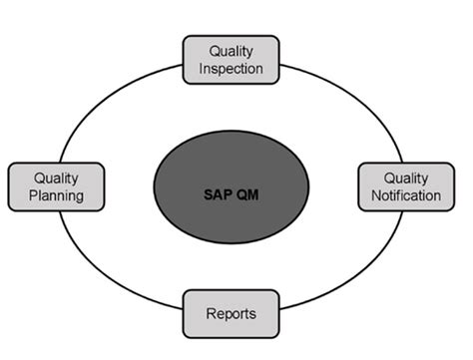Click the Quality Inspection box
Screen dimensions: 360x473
coord(231,60)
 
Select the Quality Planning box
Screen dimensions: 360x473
coord(57,186)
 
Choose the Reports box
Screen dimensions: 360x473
coord(231,313)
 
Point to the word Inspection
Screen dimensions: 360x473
coord(231,69)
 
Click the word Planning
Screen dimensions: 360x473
coord(57,196)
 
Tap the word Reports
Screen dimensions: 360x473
coord(231,313)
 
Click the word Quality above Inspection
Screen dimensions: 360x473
coord(231,50)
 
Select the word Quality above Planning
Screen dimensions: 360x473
coord(57,178)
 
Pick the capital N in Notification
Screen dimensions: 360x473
coord(373,195)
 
